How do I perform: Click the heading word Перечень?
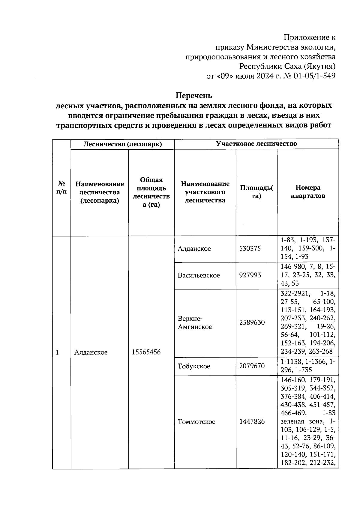pyautogui.click(x=193, y=96)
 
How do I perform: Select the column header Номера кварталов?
pyautogui.click(x=308, y=192)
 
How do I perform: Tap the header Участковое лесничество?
pyautogui.click(x=256, y=144)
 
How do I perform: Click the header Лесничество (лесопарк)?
pyautogui.click(x=122, y=144)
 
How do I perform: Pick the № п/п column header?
pyautogui.click(x=61, y=187)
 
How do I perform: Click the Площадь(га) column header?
pyautogui.click(x=256, y=192)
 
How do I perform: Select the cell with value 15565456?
pyautogui.click(x=146, y=352)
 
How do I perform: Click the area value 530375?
pyautogui.click(x=250, y=249)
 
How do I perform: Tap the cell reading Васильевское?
pyautogui.click(x=199, y=275)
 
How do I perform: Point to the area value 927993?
pyautogui.click(x=250, y=275)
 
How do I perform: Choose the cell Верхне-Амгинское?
pyautogui.click(x=195, y=323)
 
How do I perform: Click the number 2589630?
pyautogui.click(x=252, y=322)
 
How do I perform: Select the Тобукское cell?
pyautogui.click(x=194, y=366)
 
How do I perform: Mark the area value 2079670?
pyautogui.click(x=252, y=366)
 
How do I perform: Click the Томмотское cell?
pyautogui.click(x=196, y=422)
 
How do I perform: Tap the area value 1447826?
pyautogui.click(x=252, y=422)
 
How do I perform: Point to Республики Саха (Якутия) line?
pyautogui.click(x=287, y=66)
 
